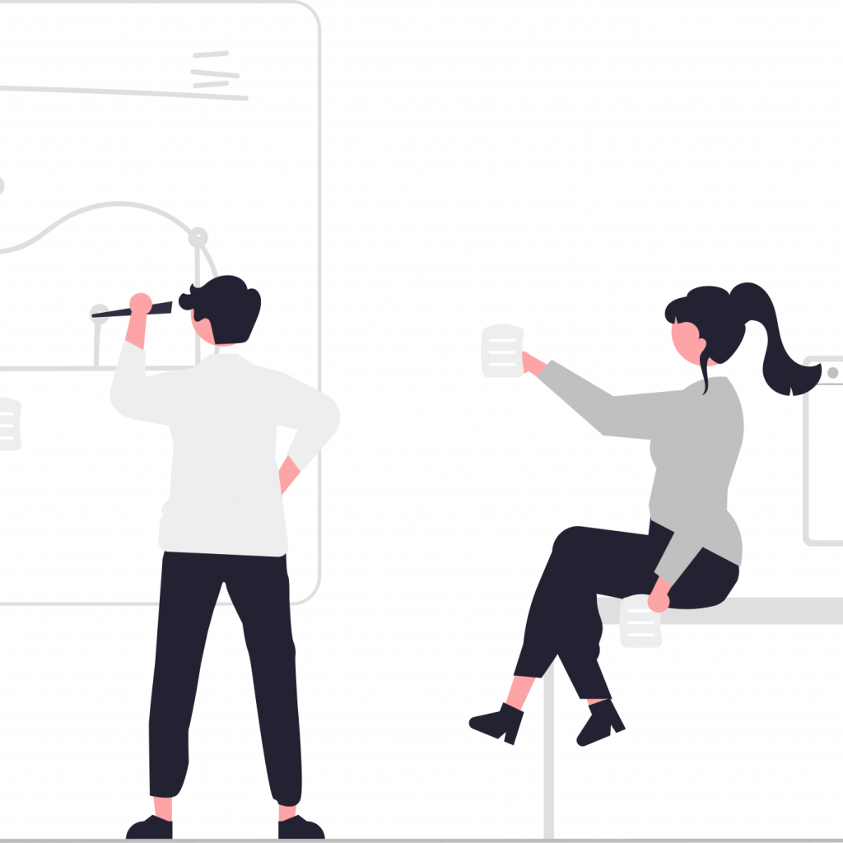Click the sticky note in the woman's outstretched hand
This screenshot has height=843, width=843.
click(x=502, y=352)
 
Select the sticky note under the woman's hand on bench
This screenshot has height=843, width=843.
click(x=640, y=624)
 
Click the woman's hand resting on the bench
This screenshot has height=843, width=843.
click(x=659, y=599)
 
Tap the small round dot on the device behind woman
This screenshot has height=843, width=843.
click(x=832, y=372)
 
